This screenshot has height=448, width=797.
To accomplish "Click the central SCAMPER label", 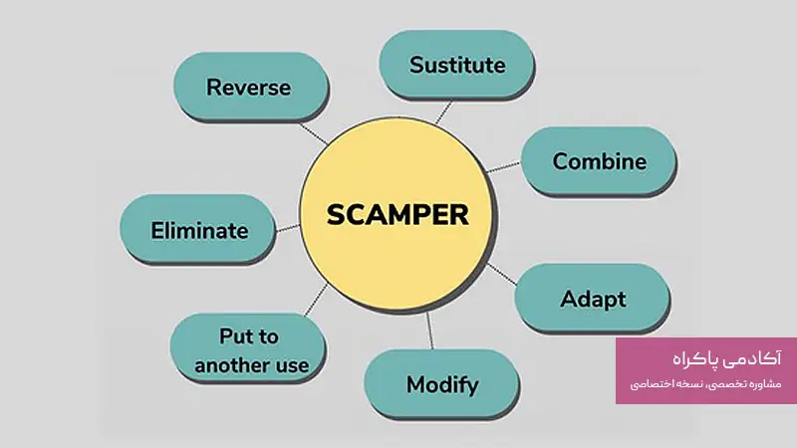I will pyautogui.click(x=398, y=213).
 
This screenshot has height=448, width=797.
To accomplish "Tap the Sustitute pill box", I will pyautogui.click(x=457, y=66).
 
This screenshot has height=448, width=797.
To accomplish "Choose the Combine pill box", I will pyautogui.click(x=599, y=160).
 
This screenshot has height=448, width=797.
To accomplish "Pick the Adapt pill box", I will pyautogui.click(x=592, y=299).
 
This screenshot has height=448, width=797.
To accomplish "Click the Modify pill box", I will pyautogui.click(x=441, y=384).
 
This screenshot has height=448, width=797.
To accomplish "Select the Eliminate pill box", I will pyautogui.click(x=198, y=230).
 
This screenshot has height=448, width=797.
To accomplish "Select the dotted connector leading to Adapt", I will pyautogui.click(x=504, y=276).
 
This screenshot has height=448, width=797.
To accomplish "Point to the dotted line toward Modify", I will pyautogui.click(x=430, y=331).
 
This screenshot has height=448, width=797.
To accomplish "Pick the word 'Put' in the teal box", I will pyautogui.click(x=235, y=336).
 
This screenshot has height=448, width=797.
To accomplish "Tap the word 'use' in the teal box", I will pyautogui.click(x=294, y=364).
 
